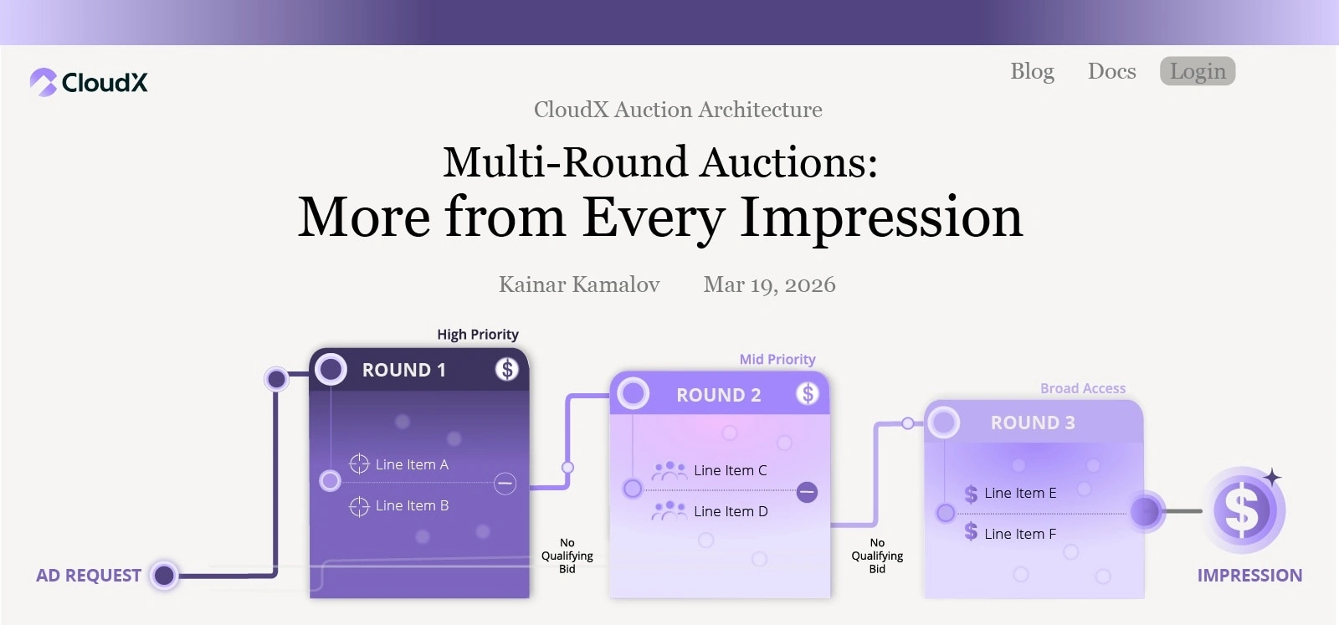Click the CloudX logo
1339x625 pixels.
click(x=89, y=82)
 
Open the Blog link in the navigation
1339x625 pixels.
click(x=1033, y=71)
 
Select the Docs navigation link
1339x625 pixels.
click(x=1112, y=71)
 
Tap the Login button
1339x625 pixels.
click(x=1198, y=71)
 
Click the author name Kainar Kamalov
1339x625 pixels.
click(x=579, y=284)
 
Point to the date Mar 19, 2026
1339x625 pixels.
click(x=769, y=284)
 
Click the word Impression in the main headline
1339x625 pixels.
click(x=881, y=218)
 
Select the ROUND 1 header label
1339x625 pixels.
click(x=404, y=370)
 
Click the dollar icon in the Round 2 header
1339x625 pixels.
click(x=808, y=394)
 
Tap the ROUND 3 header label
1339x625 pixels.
click(x=1033, y=423)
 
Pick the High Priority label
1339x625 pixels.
click(x=478, y=335)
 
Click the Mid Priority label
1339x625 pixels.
click(x=777, y=359)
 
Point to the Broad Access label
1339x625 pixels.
click(x=1083, y=388)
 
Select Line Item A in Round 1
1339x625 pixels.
click(x=412, y=464)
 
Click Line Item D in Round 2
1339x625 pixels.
click(x=731, y=511)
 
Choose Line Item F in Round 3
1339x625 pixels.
click(x=1020, y=534)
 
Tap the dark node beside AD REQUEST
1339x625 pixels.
click(x=164, y=576)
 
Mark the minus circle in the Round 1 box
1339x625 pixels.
click(x=505, y=484)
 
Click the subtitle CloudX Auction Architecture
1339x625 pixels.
click(x=678, y=110)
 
